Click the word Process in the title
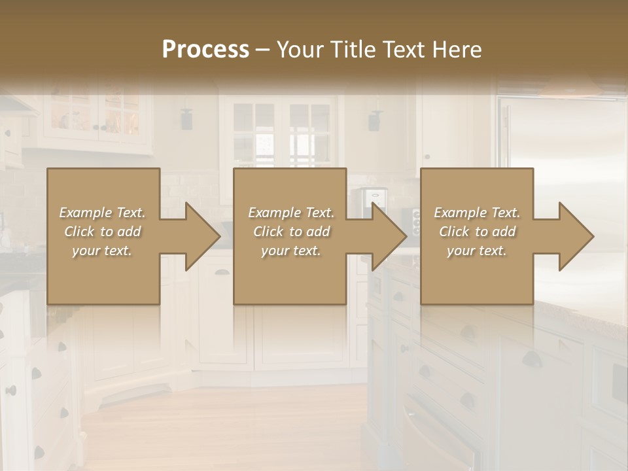[x=205, y=50]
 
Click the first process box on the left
[x=103, y=275]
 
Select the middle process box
[x=290, y=275]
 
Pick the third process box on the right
[x=476, y=275]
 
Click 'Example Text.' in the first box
[x=103, y=213]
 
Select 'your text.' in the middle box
[x=290, y=251]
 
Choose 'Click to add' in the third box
[x=477, y=232]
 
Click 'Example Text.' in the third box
[x=477, y=213]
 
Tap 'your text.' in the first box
[x=102, y=251]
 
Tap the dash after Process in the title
[x=262, y=50]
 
